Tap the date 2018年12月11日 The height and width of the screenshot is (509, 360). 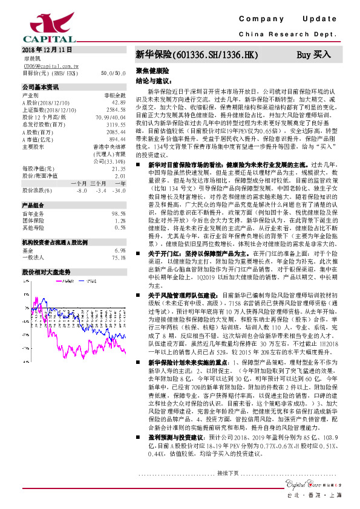pos(47,48)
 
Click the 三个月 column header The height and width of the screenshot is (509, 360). pos(97,183)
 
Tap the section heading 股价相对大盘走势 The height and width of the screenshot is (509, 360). pos(46,255)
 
